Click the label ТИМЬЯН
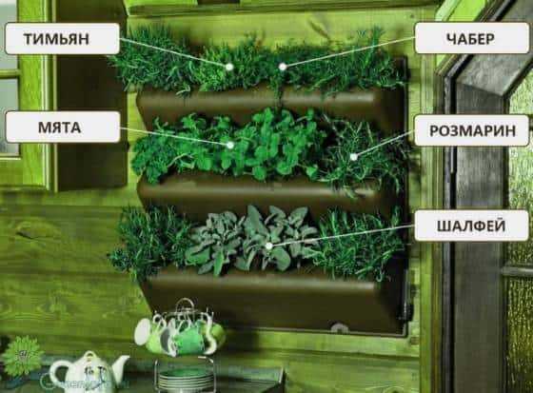point(57,39)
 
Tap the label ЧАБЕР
point(470,38)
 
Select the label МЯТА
point(59,128)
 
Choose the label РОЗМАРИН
point(472,130)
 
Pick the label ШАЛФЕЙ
point(471,226)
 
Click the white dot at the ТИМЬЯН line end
point(229,67)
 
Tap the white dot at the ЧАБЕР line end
point(283,67)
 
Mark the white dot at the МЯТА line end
point(230,146)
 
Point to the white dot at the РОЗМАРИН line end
point(353,157)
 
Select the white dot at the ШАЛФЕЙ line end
point(268,246)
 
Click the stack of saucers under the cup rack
point(186,378)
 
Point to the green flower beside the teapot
point(22,355)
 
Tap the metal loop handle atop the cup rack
point(186,305)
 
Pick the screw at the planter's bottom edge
point(338,327)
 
